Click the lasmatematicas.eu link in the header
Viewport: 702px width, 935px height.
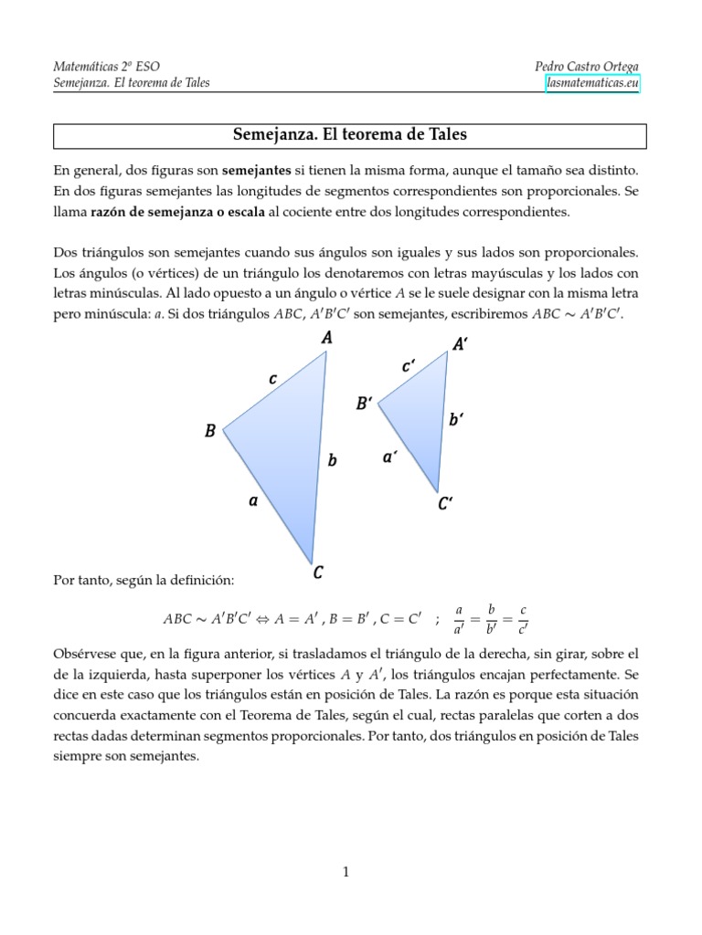pos(592,84)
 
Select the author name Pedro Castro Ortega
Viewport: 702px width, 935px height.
pos(587,67)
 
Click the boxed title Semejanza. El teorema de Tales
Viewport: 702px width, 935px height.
pos(350,135)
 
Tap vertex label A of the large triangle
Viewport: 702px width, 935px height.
pos(326,338)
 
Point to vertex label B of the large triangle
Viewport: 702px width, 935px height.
pos(210,431)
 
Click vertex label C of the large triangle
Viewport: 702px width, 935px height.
pos(318,573)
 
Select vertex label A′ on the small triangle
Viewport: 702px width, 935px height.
pos(461,344)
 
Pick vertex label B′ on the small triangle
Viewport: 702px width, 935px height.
pos(365,404)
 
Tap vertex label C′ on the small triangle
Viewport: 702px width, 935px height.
pos(445,503)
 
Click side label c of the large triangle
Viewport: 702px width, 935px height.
pos(272,378)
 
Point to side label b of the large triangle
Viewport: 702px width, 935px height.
pos(333,461)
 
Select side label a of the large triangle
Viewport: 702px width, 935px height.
pos(253,500)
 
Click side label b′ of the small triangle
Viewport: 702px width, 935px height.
pos(456,419)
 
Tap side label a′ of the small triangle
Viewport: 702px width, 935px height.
pos(390,457)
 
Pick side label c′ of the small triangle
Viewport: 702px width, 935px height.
pos(409,366)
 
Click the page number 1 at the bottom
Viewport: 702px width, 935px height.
pos(346,872)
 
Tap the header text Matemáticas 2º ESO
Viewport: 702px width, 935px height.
pos(107,67)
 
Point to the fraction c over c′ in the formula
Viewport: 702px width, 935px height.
pos(522,618)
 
